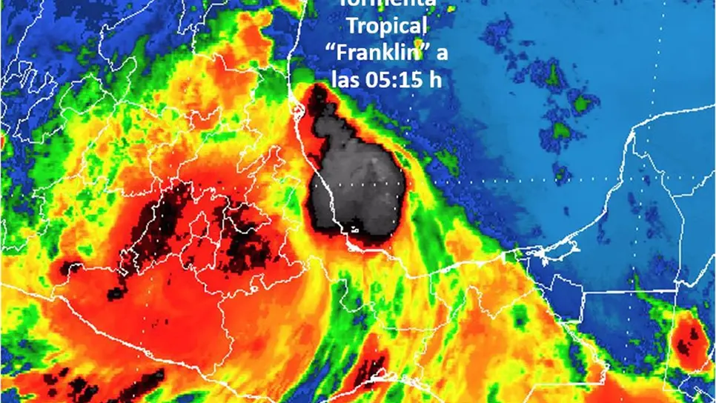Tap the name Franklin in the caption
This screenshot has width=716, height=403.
pos(384,53)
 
